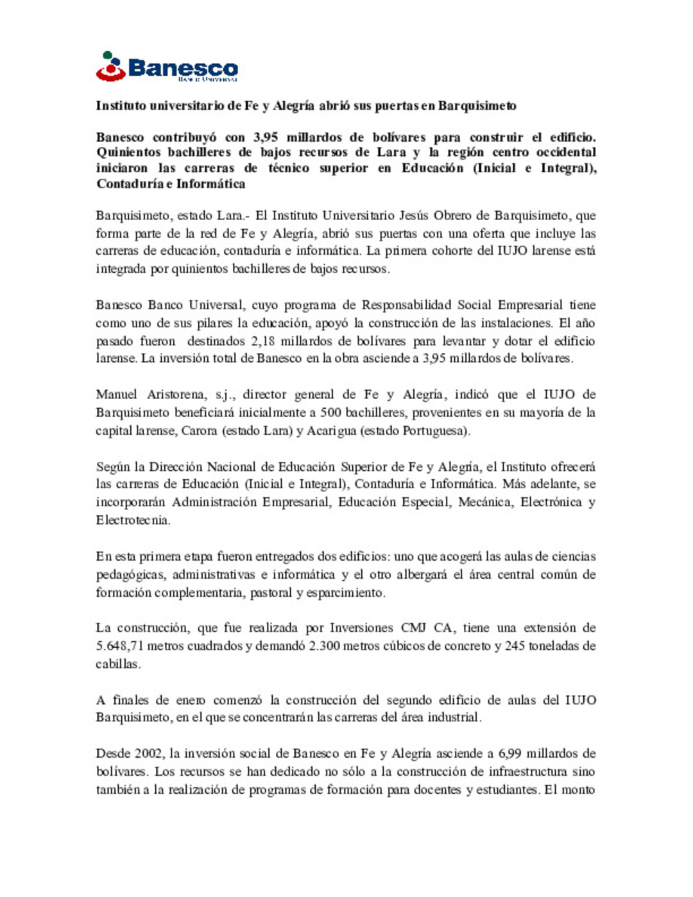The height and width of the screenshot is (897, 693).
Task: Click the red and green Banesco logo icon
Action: pyautogui.click(x=110, y=67)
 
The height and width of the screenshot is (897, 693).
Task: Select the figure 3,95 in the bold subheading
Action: pyautogui.click(x=265, y=137)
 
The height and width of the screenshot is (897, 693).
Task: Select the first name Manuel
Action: pyautogui.click(x=116, y=395)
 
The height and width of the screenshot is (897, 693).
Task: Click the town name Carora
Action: pyautogui.click(x=199, y=431)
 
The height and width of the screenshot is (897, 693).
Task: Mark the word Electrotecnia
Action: pyautogui.click(x=133, y=520)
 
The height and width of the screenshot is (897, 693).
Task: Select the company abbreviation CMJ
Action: pyautogui.click(x=414, y=628)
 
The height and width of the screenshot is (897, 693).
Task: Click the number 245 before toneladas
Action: pyautogui.click(x=515, y=645)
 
